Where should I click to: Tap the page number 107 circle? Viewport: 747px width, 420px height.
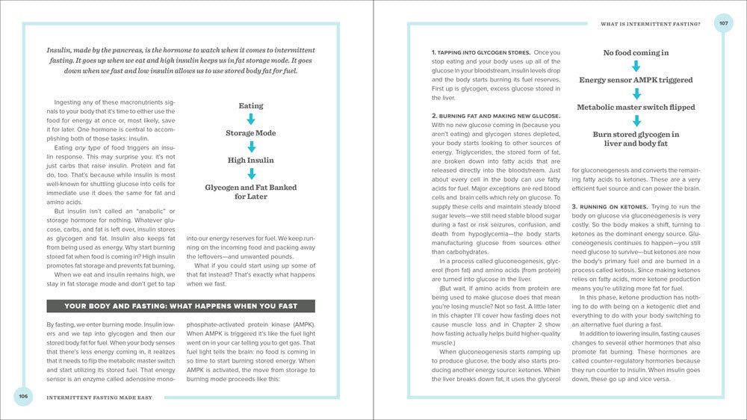tap(723, 23)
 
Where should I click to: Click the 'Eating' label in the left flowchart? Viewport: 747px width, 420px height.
tap(251, 106)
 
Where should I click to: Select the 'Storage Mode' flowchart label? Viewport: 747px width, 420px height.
tap(251, 133)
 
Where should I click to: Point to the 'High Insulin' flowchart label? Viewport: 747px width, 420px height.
tap(251, 160)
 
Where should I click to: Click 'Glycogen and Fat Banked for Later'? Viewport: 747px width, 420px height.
tap(251, 191)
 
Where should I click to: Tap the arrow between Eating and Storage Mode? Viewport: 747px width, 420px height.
tap(251, 120)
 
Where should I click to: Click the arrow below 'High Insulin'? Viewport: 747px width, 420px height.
tap(251, 173)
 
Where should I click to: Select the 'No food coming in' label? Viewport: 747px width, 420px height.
tap(636, 53)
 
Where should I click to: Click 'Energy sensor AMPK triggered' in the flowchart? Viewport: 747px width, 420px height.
tap(636, 80)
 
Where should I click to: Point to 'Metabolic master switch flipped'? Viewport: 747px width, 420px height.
tap(636, 107)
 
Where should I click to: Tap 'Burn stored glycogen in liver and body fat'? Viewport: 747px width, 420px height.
tap(636, 139)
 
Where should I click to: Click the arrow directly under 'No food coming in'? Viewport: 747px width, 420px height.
tap(636, 67)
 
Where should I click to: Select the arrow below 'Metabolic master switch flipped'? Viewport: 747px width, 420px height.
tap(636, 120)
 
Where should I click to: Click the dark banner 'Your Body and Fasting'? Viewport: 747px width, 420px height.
tap(180, 306)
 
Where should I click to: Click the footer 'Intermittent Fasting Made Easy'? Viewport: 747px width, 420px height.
tap(98, 398)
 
